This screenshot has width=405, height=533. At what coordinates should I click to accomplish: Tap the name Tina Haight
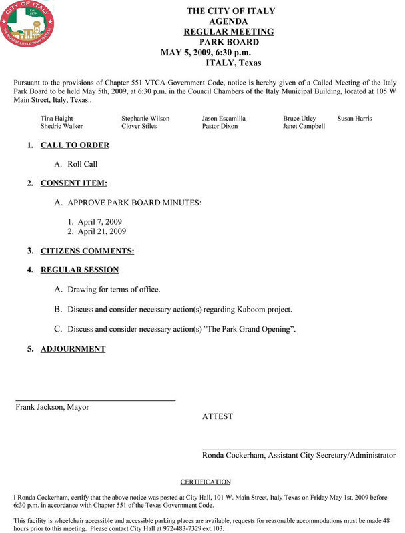click(x=57, y=118)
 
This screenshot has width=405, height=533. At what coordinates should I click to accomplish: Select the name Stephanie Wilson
click(x=145, y=118)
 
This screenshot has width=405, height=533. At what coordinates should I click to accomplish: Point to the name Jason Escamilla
click(x=224, y=118)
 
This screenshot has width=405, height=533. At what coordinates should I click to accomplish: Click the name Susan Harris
click(x=354, y=118)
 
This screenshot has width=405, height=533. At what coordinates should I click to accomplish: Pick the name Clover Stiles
click(x=139, y=126)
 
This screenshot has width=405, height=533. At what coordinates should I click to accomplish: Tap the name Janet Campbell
click(x=304, y=126)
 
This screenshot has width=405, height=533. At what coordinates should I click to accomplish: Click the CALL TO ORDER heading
click(x=75, y=145)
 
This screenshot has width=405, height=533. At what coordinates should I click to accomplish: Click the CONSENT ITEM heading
click(x=74, y=183)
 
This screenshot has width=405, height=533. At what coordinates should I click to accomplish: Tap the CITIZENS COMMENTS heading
click(x=87, y=251)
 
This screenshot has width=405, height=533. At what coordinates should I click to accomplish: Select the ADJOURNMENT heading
click(x=73, y=348)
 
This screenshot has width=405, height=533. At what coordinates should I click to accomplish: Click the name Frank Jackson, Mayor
click(x=53, y=407)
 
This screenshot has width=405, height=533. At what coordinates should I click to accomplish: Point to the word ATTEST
click(x=218, y=416)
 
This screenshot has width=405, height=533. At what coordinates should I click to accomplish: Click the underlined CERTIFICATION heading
click(x=205, y=482)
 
